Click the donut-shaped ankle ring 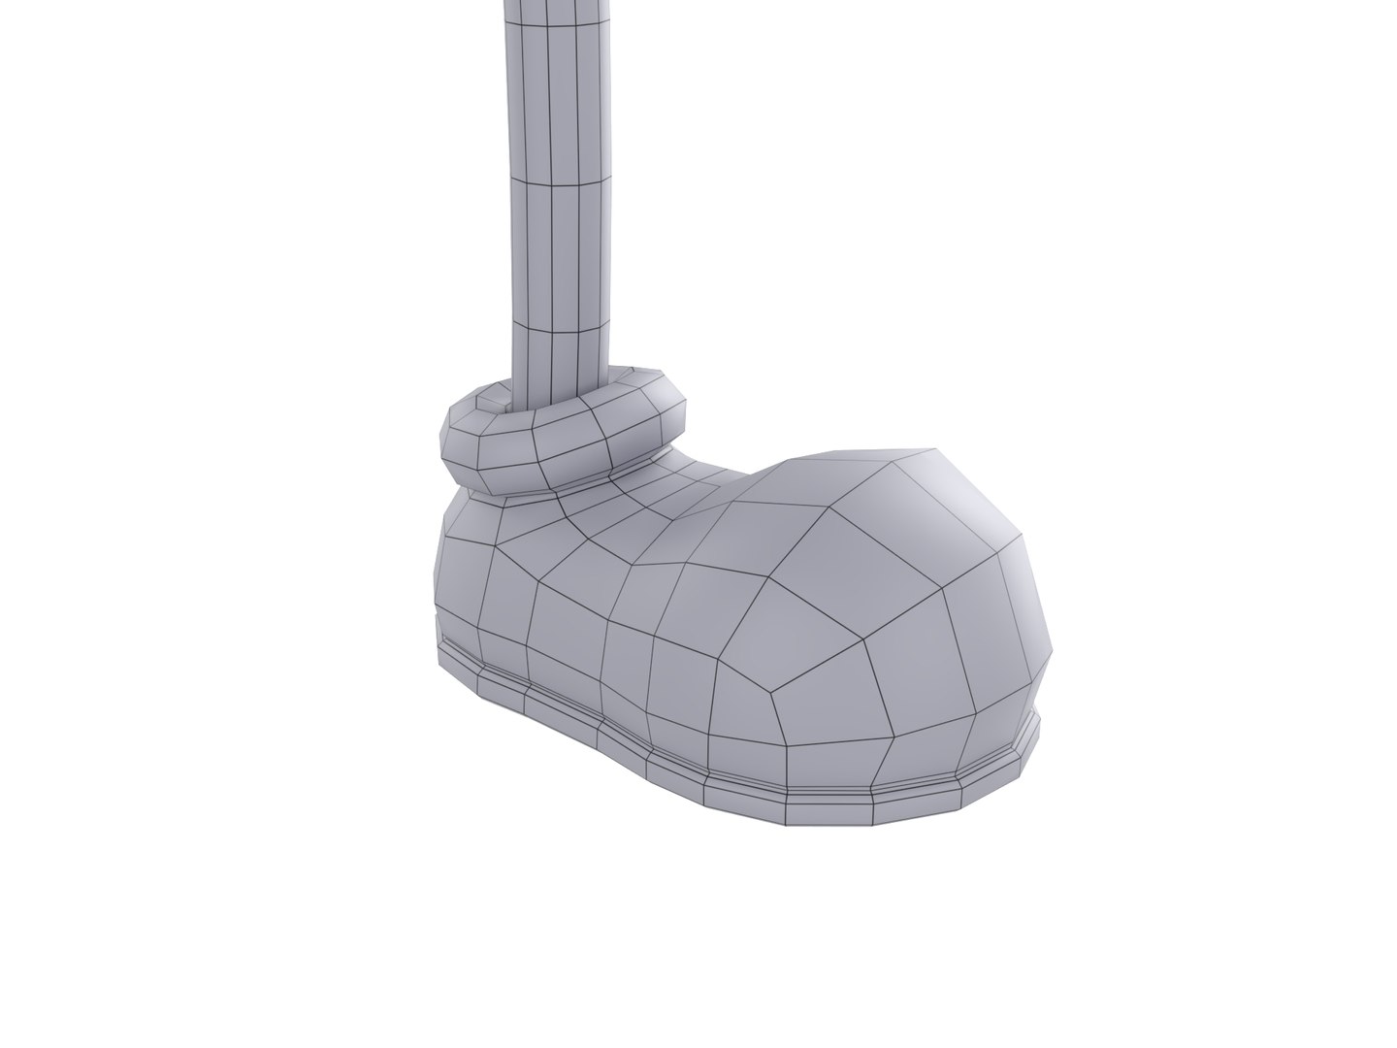tap(582, 446)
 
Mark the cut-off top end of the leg tap(558, 4)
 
